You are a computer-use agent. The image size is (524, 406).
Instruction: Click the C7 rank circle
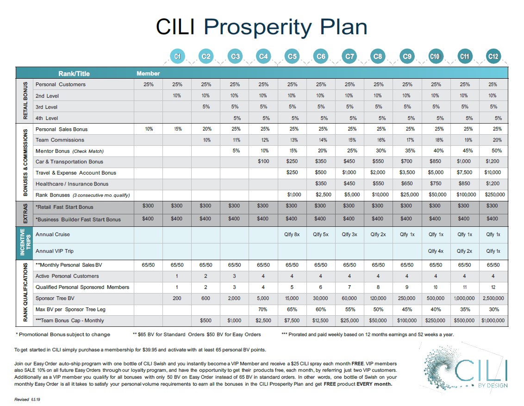click(x=349, y=56)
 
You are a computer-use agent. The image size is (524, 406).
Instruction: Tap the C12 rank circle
click(x=493, y=56)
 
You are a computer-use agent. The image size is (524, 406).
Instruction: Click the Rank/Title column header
click(x=74, y=73)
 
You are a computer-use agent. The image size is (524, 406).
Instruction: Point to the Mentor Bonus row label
click(x=69, y=151)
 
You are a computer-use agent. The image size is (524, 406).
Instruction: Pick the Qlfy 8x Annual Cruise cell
click(x=292, y=234)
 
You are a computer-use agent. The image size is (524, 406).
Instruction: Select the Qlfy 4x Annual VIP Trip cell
click(x=436, y=251)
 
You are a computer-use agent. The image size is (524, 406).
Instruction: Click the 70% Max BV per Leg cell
click(x=263, y=309)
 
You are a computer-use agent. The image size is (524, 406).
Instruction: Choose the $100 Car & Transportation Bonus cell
click(x=263, y=162)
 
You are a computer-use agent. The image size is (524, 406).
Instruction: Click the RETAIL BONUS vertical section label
click(x=25, y=101)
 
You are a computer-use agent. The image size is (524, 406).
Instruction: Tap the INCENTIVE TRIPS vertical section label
click(x=25, y=243)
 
